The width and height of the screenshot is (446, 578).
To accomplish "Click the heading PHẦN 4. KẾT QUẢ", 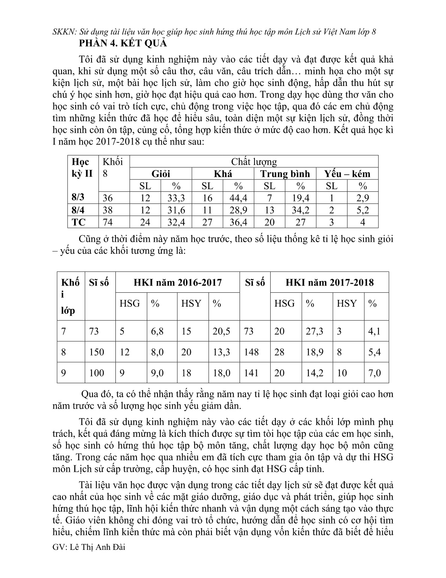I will (123, 43).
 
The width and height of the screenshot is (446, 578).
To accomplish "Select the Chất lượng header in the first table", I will (254, 162).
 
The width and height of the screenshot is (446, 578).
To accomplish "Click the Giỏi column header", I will (160, 174).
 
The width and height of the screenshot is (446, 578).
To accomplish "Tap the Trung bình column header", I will (285, 174).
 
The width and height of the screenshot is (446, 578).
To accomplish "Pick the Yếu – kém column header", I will (347, 174).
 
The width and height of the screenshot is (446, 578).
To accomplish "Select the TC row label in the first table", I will (79, 222).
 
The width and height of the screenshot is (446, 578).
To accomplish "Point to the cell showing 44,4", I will (238, 198).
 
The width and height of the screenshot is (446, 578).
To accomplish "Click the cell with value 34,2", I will (301, 210).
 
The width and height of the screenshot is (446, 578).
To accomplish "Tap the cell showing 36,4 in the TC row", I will (238, 222).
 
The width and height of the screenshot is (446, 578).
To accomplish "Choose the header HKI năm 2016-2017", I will (178, 282).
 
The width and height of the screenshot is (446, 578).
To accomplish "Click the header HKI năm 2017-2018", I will (329, 282).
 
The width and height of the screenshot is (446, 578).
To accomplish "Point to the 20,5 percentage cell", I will (222, 331).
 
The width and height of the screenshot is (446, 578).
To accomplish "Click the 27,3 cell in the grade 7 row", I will (314, 331).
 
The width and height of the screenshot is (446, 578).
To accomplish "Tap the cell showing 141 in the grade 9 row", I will (251, 373).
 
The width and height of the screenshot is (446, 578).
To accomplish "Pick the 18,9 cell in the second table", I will (314, 352).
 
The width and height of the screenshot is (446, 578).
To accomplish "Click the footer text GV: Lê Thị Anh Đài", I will (89, 557).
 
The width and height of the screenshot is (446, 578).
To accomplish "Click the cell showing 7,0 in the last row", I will (374, 373).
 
